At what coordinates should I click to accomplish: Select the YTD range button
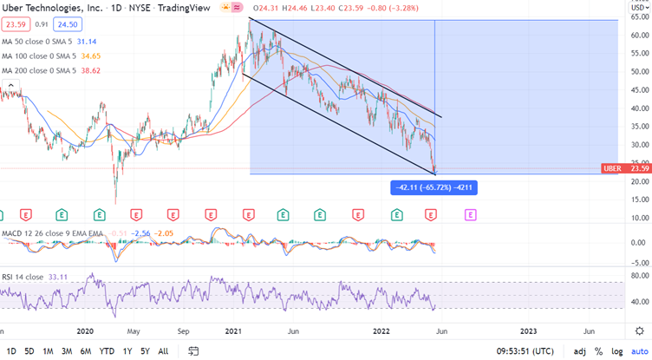107,351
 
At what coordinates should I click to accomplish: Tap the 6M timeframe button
86,351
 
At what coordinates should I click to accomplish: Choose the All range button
163,351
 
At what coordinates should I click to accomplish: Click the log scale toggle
616,351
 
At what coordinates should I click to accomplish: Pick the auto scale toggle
638,351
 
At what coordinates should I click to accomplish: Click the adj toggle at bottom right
579,351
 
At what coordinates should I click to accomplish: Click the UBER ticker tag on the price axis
610,168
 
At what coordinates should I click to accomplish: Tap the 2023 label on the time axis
529,331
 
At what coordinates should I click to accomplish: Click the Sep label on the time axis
185,331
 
